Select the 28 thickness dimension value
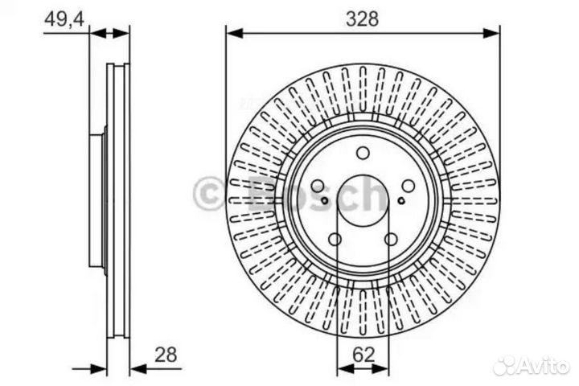(x=166, y=353)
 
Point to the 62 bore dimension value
(x=363, y=351)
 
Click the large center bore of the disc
(x=363, y=199)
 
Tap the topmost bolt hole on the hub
(x=363, y=153)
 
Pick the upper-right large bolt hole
(x=407, y=185)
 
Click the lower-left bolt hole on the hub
(x=336, y=239)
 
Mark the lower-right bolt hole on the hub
(x=391, y=239)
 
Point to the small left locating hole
(x=323, y=201)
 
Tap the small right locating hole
(x=402, y=201)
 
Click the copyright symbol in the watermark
(x=210, y=195)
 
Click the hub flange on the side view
(x=97, y=201)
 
